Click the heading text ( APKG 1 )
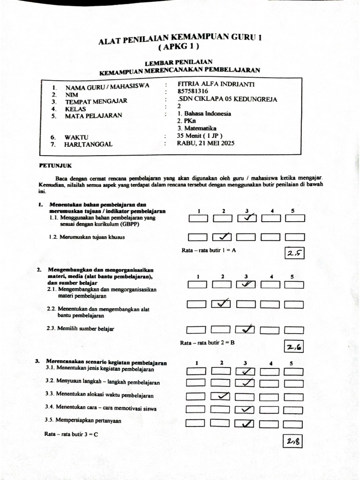[x=179, y=47]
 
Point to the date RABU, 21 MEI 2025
[x=205, y=143]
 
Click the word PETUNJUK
[x=55, y=165]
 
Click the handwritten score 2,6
[x=294, y=347]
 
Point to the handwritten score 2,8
[x=293, y=441]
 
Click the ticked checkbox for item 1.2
[x=223, y=237]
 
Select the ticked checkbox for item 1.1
[x=247, y=218]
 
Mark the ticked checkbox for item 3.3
[x=221, y=397]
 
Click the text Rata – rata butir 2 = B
[x=207, y=343]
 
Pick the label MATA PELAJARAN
[x=93, y=116]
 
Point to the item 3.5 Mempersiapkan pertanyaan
[x=83, y=420]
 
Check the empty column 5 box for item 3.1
[x=293, y=372]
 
